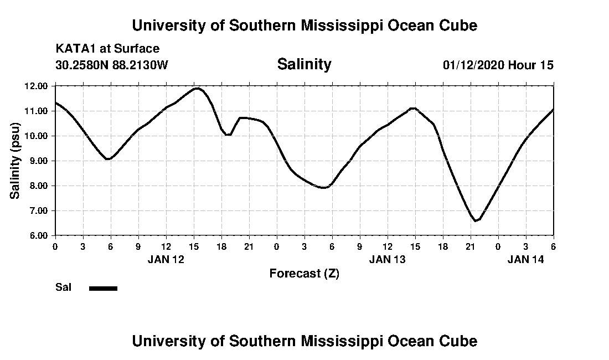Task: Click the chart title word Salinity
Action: pyautogui.click(x=304, y=64)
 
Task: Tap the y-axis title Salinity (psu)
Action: pyautogui.click(x=16, y=161)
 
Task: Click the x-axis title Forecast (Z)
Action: pyautogui.click(x=304, y=273)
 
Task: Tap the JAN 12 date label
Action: pyautogui.click(x=166, y=259)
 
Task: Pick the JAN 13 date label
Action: pyautogui.click(x=388, y=259)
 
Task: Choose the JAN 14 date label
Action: pyautogui.click(x=526, y=259)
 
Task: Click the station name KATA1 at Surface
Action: pyautogui.click(x=107, y=49)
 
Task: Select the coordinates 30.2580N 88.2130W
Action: pyautogui.click(x=111, y=65)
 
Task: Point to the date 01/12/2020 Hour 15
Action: pyautogui.click(x=498, y=65)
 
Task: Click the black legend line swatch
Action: pyautogui.click(x=103, y=288)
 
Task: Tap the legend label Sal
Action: pyautogui.click(x=63, y=287)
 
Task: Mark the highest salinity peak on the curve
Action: pyautogui.click(x=197, y=88)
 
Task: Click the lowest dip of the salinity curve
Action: pyautogui.click(x=476, y=220)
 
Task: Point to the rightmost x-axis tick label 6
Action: pyautogui.click(x=554, y=246)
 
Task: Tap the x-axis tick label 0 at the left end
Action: pyautogui.click(x=55, y=246)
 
